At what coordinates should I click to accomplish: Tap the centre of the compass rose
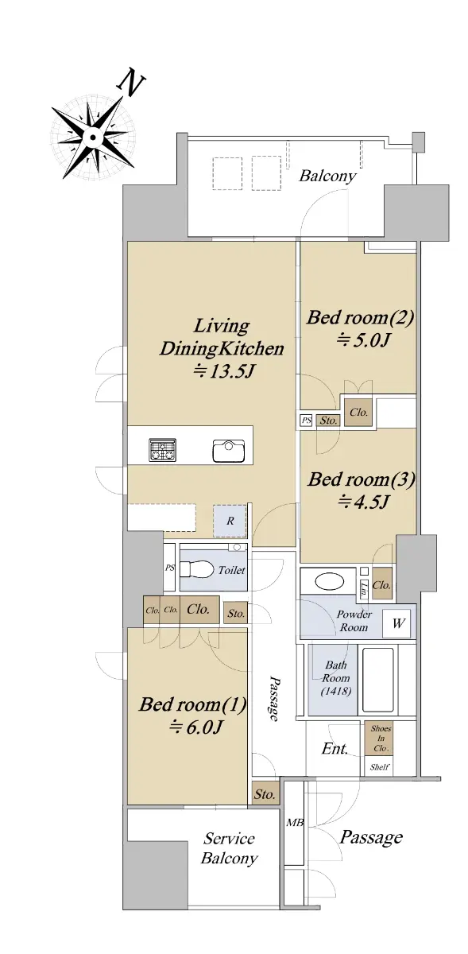[x=92, y=137]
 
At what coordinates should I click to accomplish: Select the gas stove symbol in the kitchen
[x=163, y=449]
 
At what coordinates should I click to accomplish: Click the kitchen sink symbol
[x=229, y=450]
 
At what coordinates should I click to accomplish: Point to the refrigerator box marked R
[x=230, y=521]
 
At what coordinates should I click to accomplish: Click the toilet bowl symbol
[x=197, y=569]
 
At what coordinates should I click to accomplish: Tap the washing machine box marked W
[x=398, y=624]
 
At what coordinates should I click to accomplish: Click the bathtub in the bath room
[x=377, y=681]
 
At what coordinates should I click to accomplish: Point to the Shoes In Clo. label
[x=380, y=738]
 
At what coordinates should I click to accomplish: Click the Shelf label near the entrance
[x=379, y=767]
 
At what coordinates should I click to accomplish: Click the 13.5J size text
[x=223, y=371]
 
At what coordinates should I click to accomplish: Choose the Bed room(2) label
[x=360, y=318]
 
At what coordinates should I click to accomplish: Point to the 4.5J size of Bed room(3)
[x=363, y=502]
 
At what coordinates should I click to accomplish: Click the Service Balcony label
[x=229, y=848]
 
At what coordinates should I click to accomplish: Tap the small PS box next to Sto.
[x=306, y=421]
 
